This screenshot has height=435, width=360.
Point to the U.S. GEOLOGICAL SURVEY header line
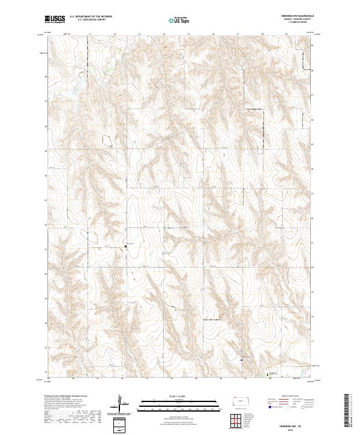[90, 20]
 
